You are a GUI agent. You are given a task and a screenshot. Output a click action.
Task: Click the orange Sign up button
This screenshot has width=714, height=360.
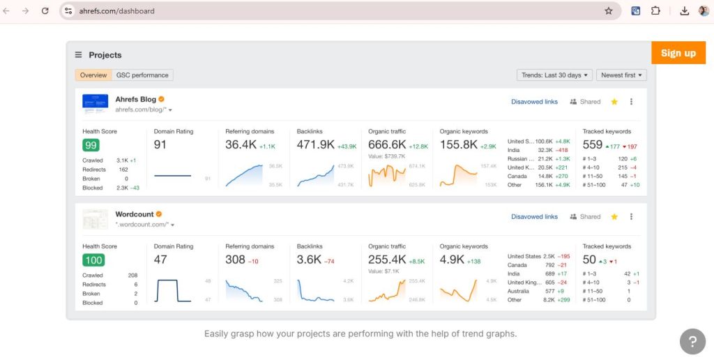click(x=678, y=53)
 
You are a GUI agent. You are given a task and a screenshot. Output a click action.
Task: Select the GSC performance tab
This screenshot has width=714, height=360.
click(x=142, y=75)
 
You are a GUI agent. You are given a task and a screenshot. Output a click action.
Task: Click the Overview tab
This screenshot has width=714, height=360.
click(x=93, y=75)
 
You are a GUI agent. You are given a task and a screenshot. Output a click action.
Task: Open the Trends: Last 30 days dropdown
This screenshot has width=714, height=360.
click(x=554, y=75)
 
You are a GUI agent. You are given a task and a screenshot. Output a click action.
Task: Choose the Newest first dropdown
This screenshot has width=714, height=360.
click(x=622, y=75)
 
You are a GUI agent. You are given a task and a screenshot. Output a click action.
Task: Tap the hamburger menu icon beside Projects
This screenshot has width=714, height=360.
click(x=79, y=55)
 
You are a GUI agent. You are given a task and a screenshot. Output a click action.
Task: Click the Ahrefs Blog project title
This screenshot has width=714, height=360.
click(x=135, y=99)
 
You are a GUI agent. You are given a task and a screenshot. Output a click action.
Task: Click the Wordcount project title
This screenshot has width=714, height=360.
click(x=134, y=213)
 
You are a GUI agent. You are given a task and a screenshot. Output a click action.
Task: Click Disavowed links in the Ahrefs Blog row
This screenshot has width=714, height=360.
click(x=534, y=102)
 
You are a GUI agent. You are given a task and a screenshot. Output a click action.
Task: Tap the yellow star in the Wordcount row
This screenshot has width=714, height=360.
click(x=614, y=217)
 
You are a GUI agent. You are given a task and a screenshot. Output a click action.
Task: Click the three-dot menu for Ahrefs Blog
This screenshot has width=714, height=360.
click(x=631, y=102)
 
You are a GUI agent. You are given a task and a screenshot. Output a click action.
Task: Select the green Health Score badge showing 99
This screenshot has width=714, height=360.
click(x=91, y=145)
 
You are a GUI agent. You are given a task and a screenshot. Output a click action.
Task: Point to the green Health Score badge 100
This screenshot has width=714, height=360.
click(x=93, y=260)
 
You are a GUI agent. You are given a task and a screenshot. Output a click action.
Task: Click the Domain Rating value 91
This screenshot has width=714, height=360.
click(x=160, y=144)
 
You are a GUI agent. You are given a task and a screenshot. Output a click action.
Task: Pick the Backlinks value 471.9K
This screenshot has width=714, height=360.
click(x=316, y=144)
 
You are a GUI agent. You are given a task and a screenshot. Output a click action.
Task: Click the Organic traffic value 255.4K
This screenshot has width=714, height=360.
click(x=387, y=260)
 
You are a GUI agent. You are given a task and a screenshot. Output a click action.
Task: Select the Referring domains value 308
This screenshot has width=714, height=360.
click(x=235, y=260)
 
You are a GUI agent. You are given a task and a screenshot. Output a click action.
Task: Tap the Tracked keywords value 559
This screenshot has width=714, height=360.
click(x=592, y=144)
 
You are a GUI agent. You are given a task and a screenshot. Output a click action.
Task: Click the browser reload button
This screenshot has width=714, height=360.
click(x=45, y=11)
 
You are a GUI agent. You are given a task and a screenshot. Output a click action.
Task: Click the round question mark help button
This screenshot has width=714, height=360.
click(x=692, y=342)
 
